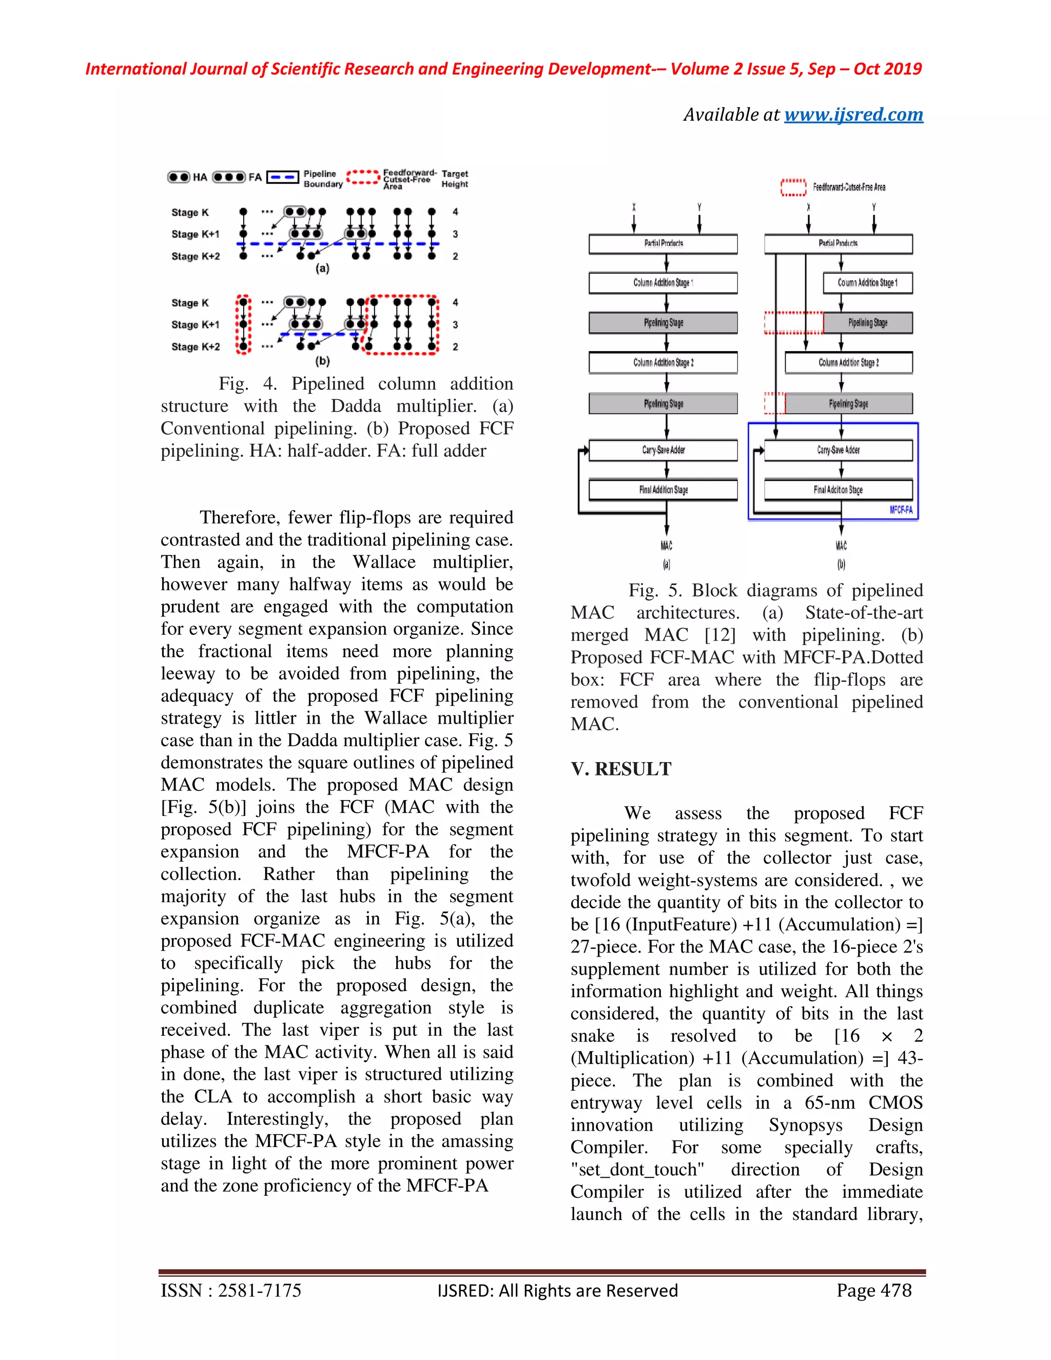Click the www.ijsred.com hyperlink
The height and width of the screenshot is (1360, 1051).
[x=853, y=114]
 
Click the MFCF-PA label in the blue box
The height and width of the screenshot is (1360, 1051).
[x=900, y=510]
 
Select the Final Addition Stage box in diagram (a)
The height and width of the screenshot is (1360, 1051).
[x=663, y=490]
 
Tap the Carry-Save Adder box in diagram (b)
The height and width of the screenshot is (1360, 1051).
[x=838, y=450]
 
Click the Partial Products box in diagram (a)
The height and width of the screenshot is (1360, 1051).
[x=663, y=243]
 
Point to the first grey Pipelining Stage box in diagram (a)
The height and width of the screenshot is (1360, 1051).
[x=663, y=323]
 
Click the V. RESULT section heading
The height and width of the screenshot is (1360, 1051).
[x=621, y=769]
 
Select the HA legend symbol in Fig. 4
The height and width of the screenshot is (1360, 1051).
[x=179, y=177]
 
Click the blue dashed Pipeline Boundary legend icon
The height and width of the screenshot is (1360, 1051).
[x=283, y=178]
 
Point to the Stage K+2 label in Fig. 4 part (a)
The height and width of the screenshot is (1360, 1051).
[x=196, y=256]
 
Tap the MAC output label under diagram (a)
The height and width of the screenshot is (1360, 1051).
[x=666, y=546]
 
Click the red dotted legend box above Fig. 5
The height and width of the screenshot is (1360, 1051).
[x=793, y=187]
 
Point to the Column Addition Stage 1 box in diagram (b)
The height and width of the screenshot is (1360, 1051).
[x=867, y=283]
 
